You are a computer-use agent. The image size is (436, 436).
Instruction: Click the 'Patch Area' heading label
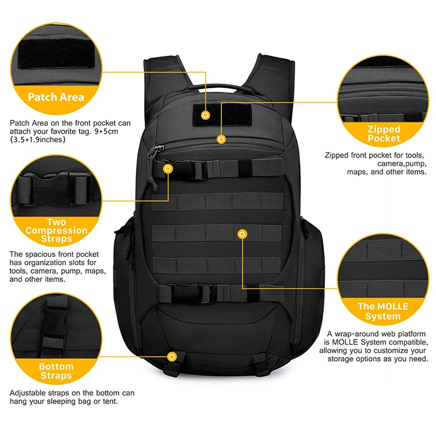tap(56, 97)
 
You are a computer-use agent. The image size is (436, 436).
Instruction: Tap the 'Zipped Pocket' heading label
tap(384, 134)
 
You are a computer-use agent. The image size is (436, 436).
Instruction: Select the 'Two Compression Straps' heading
tap(56, 230)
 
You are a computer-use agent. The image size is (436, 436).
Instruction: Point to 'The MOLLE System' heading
tap(383, 311)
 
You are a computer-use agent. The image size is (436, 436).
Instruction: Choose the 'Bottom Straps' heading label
tap(56, 371)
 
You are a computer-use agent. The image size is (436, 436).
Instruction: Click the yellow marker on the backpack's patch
tap(205, 115)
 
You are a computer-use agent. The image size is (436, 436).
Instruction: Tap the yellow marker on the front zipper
tap(221, 139)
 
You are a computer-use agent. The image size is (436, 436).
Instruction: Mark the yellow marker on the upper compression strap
tap(168, 169)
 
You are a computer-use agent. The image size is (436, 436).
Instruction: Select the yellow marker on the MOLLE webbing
tap(242, 234)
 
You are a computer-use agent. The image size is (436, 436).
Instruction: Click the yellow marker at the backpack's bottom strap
tap(172, 356)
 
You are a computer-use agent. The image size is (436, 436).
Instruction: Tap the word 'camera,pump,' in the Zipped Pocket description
tap(402, 164)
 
